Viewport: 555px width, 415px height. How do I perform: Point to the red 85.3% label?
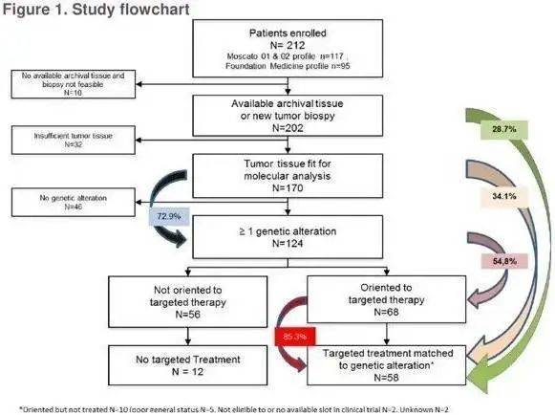click(x=294, y=337)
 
